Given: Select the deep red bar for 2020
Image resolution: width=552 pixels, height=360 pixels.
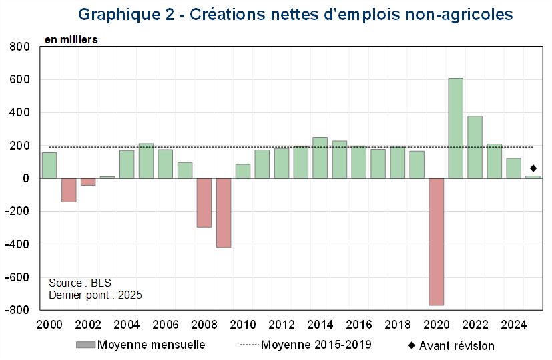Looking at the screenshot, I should click(437, 241).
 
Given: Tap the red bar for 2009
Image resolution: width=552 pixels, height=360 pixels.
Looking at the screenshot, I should click(224, 212).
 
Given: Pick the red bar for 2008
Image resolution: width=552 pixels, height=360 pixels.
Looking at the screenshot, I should click(204, 202).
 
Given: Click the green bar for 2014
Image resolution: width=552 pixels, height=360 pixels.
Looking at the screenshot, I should click(320, 158).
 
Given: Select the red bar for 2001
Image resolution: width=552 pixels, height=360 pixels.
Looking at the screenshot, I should click(69, 190).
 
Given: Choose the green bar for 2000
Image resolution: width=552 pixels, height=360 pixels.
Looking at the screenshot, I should click(49, 165).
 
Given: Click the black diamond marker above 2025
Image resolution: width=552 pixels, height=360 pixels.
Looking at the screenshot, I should click(533, 168).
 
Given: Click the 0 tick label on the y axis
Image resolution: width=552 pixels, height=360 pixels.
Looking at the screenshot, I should click(28, 178).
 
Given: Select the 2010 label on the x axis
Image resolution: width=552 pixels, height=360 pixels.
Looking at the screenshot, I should click(243, 325).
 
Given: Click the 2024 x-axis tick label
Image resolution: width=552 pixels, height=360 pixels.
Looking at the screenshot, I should click(514, 325).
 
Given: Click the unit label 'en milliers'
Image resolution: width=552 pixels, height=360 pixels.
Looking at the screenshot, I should click(71, 39).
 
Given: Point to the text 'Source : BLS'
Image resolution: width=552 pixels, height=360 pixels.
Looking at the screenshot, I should click(80, 283).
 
